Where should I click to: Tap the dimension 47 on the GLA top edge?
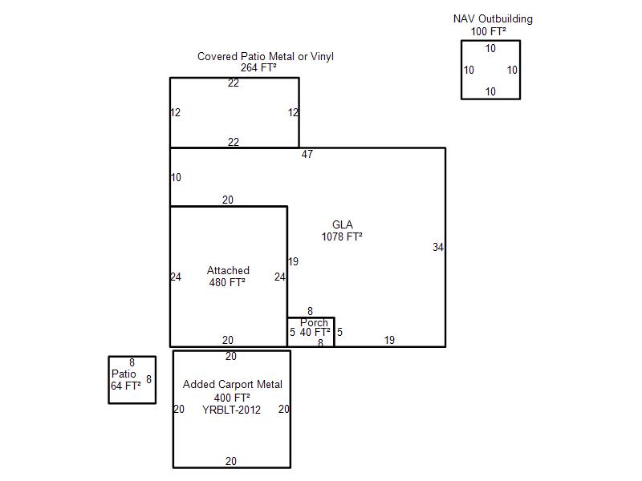pyautogui.click(x=307, y=154)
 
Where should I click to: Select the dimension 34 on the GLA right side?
pyautogui.click(x=438, y=248)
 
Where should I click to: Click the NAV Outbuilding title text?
pyautogui.click(x=493, y=19)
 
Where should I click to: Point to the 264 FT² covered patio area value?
pyautogui.click(x=258, y=68)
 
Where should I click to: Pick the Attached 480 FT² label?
pyautogui.click(x=228, y=277)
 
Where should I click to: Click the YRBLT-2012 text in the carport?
pyautogui.click(x=231, y=410)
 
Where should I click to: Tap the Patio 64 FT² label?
pyautogui.click(x=125, y=380)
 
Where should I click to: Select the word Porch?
pyautogui.click(x=314, y=323)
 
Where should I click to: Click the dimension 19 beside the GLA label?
pyautogui.click(x=293, y=262)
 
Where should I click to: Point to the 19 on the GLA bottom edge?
pyautogui.click(x=389, y=341)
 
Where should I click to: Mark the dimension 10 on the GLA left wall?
pyautogui.click(x=177, y=178)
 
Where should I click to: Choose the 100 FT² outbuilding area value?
pyautogui.click(x=488, y=32)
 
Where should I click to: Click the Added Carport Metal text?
pyautogui.click(x=233, y=385)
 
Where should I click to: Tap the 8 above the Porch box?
pyautogui.click(x=310, y=312)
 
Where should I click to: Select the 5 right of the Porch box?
pyautogui.click(x=339, y=332)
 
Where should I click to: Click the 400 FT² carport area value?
pyautogui.click(x=232, y=398)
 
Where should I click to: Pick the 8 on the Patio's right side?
pyautogui.click(x=148, y=379)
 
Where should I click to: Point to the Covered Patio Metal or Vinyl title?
pyautogui.click(x=266, y=57)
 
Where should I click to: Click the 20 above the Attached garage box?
pyautogui.click(x=228, y=200)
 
